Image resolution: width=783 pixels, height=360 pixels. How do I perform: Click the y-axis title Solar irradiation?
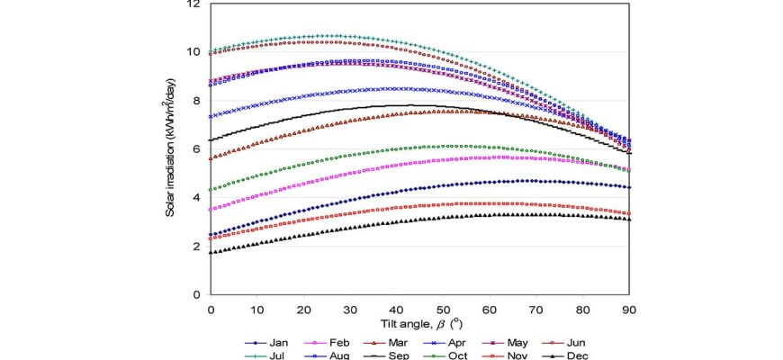pyautogui.click(x=171, y=148)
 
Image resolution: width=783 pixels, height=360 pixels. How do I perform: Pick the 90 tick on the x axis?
pyautogui.click(x=629, y=308)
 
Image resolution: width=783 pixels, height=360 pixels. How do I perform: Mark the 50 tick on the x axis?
pyautogui.click(x=443, y=308)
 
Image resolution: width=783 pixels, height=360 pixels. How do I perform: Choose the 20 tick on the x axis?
pyautogui.click(x=303, y=308)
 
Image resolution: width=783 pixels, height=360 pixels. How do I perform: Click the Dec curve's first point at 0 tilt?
pyautogui.click(x=211, y=253)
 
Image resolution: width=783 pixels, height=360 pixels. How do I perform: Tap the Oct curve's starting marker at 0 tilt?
pyautogui.click(x=211, y=189)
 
